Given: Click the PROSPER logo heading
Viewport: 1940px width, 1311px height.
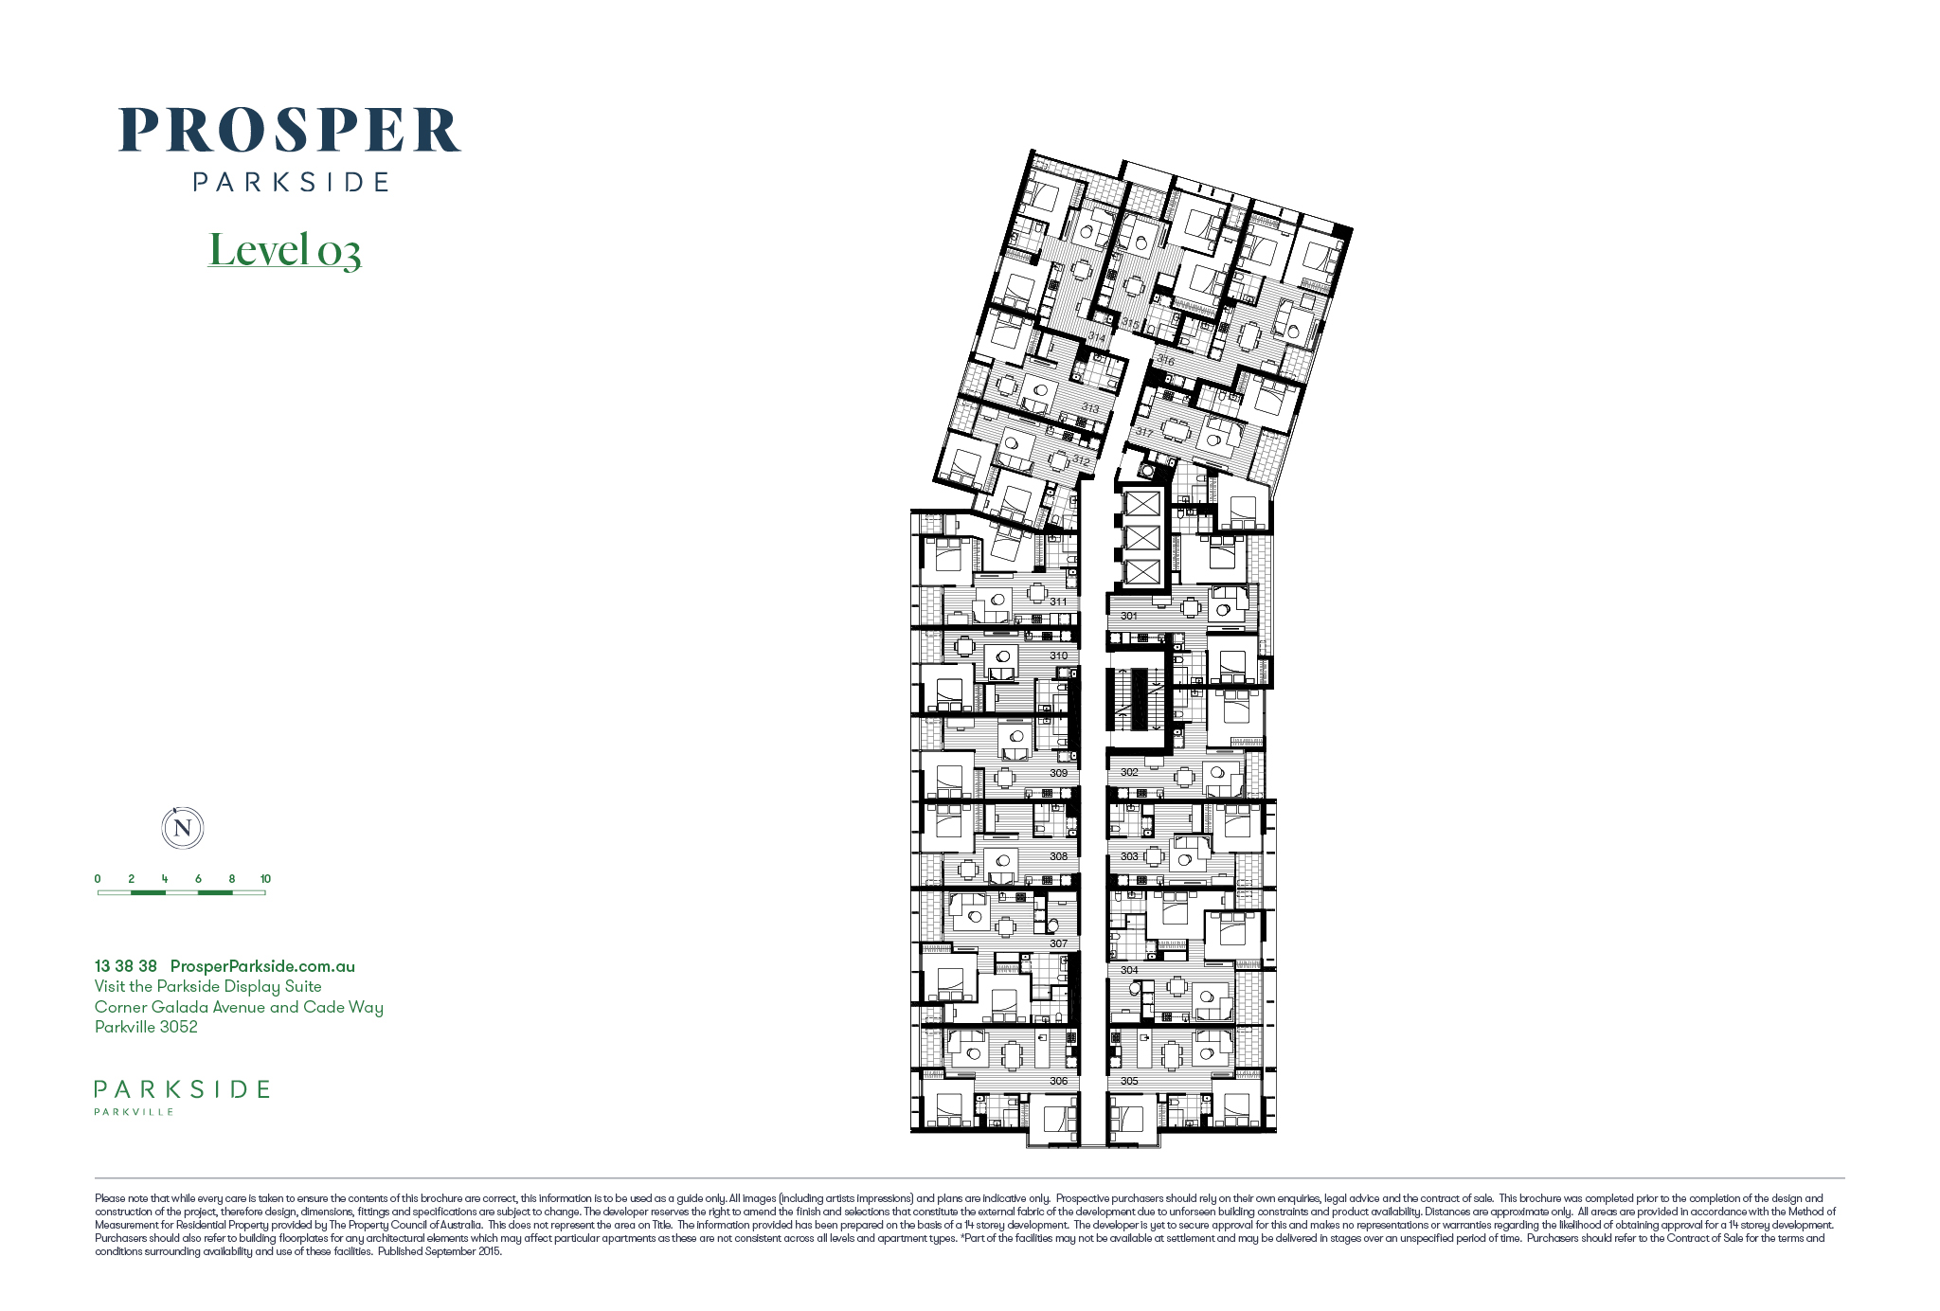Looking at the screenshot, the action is [x=290, y=130].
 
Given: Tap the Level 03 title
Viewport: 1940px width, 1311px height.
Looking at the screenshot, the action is [x=284, y=249].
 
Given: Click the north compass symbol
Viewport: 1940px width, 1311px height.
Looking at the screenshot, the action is [x=183, y=828].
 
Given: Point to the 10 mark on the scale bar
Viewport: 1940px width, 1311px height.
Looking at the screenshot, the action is [x=265, y=879].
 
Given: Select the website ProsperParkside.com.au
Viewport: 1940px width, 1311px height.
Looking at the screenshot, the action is [x=262, y=966].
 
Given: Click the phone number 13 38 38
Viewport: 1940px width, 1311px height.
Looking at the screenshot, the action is [x=126, y=966].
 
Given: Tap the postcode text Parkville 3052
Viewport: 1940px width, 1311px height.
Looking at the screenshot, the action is [x=146, y=1027].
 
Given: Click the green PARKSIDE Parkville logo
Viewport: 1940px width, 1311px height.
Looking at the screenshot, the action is [x=182, y=1096].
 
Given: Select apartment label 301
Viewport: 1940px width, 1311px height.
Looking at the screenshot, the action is [x=1129, y=616].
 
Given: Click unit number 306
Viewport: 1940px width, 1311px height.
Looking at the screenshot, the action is [x=1058, y=1081].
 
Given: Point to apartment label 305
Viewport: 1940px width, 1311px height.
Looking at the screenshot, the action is [x=1129, y=1081].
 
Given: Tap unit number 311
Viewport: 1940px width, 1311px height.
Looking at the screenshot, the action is [x=1058, y=602].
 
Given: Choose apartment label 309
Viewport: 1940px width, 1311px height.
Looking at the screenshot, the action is [x=1058, y=773].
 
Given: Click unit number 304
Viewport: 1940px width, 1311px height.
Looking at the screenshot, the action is [x=1129, y=970].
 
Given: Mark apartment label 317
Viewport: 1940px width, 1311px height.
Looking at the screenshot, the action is [x=1145, y=432].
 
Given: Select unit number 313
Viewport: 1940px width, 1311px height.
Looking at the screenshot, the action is [x=1091, y=408].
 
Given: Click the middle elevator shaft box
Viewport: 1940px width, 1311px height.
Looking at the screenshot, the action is [x=1142, y=537].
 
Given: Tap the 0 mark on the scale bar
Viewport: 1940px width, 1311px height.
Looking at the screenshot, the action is [x=98, y=879].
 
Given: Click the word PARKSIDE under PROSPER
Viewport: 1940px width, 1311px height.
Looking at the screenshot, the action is [x=291, y=182].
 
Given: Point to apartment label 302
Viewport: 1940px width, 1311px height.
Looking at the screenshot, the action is [x=1129, y=772].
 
